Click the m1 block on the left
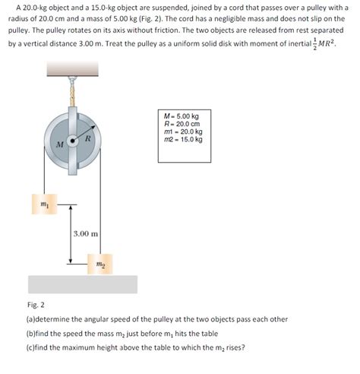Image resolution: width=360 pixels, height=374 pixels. coord(44,204)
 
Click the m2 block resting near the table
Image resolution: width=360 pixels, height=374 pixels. coord(100,264)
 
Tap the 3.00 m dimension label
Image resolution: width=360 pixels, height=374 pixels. coord(86,233)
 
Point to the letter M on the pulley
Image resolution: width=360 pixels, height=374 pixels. coord(60,144)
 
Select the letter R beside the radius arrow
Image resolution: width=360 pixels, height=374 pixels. coord(88,138)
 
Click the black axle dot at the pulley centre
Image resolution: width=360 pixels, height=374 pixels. coord(73,141)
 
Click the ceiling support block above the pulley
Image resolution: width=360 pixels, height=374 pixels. coord(72,68)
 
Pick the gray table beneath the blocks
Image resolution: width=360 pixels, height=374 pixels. coord(83,284)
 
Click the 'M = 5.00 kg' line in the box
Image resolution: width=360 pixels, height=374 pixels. coord(182,116)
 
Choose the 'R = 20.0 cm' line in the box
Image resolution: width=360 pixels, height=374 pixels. coord(182,124)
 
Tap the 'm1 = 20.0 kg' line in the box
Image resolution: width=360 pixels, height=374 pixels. coord(183,132)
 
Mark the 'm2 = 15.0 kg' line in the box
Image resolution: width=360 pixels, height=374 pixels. coord(183,139)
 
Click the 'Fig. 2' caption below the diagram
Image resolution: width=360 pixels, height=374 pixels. coord(36,305)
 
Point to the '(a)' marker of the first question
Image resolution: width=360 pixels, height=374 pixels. coord(30,319)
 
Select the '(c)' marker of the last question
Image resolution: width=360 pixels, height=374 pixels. coord(30,347)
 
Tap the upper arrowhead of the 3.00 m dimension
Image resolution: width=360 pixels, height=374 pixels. coord(71,207)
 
